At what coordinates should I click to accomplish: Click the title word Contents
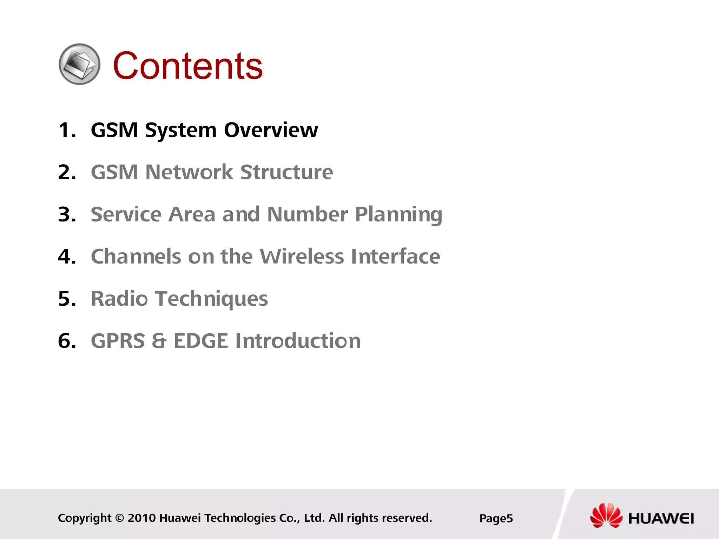click(x=187, y=66)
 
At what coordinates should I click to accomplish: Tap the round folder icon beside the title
click(x=79, y=64)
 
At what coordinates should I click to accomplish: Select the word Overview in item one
click(x=271, y=130)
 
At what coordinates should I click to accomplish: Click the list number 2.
click(x=66, y=172)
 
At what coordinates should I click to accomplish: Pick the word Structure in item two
click(x=286, y=172)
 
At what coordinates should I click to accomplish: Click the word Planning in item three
click(x=398, y=215)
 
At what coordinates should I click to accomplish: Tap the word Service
click(x=126, y=214)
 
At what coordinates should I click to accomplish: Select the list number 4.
click(x=66, y=257)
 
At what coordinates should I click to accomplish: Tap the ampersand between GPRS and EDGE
click(x=159, y=341)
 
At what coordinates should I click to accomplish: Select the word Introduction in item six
click(x=298, y=341)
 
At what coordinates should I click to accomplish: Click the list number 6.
click(x=66, y=341)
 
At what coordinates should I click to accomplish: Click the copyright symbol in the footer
click(x=119, y=518)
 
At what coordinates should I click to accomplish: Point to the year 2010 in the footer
click(x=141, y=518)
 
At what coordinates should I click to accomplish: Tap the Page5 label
click(x=496, y=519)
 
